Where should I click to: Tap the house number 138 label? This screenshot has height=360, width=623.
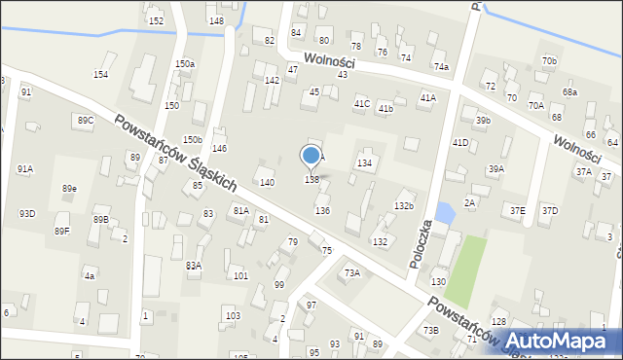click(311, 180)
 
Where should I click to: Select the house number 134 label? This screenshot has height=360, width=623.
click(364, 163)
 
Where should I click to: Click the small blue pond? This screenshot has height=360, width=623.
click(445, 211)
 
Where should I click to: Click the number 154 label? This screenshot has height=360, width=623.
click(100, 75)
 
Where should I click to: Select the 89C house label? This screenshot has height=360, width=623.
click(85, 120)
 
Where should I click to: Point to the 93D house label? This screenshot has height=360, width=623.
click(27, 213)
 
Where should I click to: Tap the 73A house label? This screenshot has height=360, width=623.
click(351, 273)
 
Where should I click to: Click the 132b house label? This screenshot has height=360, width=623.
click(404, 205)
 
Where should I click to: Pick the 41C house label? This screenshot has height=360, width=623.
click(362, 103)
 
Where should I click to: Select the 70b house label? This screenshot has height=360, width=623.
click(551, 61)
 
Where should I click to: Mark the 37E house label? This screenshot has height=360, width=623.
click(518, 210)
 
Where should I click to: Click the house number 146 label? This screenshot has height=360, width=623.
click(220, 149)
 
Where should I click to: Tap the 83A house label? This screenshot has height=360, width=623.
click(194, 265)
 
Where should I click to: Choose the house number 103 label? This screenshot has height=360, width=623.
click(232, 316)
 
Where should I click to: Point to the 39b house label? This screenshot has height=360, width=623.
click(483, 121)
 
